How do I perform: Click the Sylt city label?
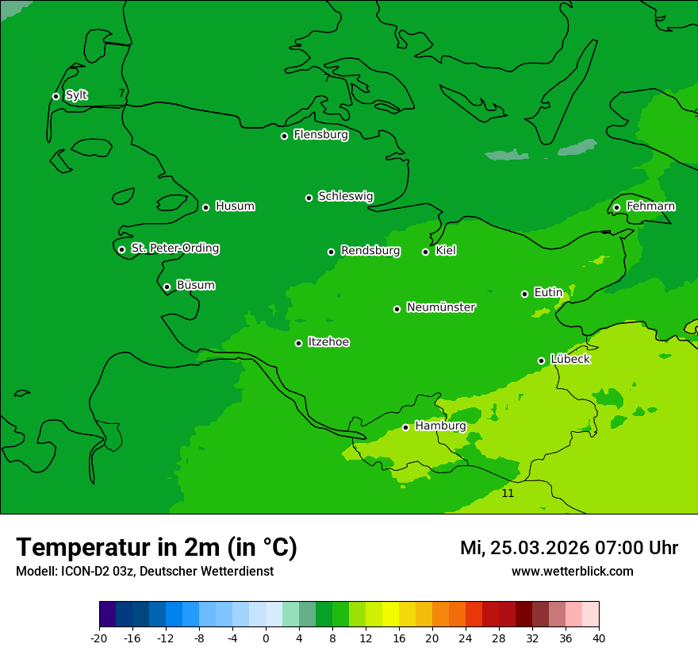click(76, 95)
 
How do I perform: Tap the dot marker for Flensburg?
click(284, 136)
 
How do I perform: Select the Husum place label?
click(235, 206)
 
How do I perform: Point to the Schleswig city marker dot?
click(309, 198)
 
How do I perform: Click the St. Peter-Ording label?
click(174, 249)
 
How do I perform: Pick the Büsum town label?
click(195, 285)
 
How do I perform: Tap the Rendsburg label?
click(370, 251)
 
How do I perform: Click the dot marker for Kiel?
click(425, 252)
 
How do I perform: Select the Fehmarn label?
click(650, 206)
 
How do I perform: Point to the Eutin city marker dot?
click(524, 294)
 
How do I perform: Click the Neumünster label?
click(440, 307)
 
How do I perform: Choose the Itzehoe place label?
click(328, 342)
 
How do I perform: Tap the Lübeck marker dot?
click(541, 360)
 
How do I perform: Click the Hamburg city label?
click(440, 426)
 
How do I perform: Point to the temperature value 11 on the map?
click(508, 493)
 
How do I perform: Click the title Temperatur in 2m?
click(156, 548)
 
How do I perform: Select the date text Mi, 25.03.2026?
click(523, 548)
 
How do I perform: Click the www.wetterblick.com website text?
click(572, 571)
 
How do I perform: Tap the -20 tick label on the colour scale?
click(99, 638)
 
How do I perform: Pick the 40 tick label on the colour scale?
click(599, 638)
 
